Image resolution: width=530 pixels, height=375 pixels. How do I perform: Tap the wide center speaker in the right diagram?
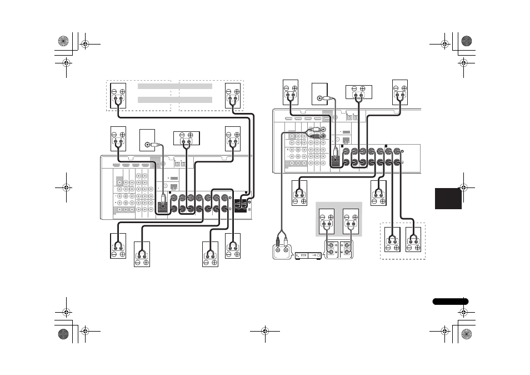[x=358, y=92]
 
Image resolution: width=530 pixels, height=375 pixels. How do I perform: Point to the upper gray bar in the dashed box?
[x=175, y=86]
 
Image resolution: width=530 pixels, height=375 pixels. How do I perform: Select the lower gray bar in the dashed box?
[x=175, y=100]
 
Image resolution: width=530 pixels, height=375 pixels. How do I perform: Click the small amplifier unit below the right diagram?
[x=307, y=255]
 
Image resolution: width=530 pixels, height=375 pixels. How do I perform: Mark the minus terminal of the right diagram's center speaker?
[x=352, y=88]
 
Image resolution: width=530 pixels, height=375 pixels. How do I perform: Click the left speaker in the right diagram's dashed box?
[x=392, y=243]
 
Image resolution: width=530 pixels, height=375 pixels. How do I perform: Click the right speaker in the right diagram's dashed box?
[x=413, y=243]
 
